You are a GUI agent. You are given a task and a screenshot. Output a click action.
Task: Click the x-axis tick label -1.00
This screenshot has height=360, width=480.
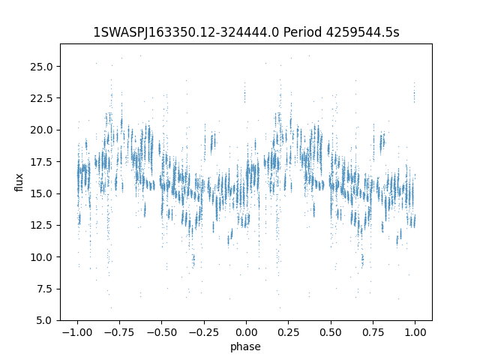coord(76,331)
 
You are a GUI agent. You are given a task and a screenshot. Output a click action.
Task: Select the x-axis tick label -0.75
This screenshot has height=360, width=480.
coord(118,331)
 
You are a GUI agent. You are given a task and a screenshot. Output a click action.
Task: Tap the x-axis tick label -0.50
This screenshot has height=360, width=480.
coord(161,331)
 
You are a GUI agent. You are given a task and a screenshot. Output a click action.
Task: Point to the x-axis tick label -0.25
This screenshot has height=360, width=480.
coord(203,331)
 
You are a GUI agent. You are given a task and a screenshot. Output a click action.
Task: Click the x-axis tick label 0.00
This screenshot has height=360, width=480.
coord(246,331)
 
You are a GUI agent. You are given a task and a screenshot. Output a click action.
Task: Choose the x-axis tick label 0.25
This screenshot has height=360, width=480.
coord(288,331)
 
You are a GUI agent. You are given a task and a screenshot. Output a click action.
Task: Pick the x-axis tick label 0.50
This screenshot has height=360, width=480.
coord(331,331)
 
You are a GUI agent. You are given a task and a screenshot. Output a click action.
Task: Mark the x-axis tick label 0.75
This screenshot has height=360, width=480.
coord(373,331)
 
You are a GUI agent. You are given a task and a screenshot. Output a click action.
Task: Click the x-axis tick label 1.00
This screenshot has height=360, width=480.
coord(415,331)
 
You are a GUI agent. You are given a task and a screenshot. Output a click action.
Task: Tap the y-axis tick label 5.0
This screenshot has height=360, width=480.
coord(46,320)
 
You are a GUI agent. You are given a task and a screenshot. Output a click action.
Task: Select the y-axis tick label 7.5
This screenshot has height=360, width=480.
coord(46,289)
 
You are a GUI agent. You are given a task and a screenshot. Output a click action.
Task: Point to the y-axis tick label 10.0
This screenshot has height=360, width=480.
coord(43,256)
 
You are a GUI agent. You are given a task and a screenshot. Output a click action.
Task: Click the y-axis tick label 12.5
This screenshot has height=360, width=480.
coord(43,225)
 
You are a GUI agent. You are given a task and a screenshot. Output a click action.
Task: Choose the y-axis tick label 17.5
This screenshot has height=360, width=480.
coord(43,161)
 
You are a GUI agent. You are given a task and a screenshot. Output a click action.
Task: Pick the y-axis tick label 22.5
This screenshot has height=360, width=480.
coord(43,97)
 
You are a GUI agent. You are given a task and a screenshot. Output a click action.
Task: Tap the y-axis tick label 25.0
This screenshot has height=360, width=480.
coord(43,66)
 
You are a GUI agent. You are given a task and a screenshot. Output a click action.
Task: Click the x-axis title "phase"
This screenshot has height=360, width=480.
coord(246,346)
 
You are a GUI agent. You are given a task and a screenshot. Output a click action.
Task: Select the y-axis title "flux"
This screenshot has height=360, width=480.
coord(19,182)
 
